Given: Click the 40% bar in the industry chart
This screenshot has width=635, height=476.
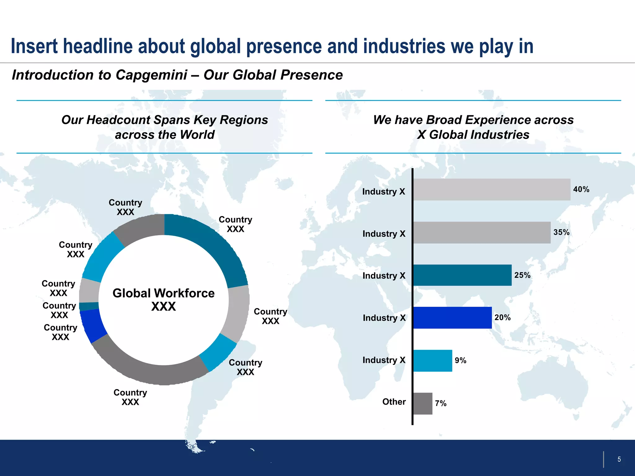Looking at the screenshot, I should coord(491,189).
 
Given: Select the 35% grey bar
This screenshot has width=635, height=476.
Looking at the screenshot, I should coord(482,232).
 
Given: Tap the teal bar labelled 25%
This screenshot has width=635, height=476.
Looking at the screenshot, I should coord(462,275).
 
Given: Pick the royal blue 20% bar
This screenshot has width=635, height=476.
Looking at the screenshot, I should coord(452,318).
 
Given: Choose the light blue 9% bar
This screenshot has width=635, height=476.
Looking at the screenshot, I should coord(433,360).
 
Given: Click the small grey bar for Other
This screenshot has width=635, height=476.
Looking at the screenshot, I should coord(423,403).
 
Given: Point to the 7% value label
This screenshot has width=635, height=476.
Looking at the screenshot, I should coord(441,403).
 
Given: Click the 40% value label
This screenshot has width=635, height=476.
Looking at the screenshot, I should coord(581,189).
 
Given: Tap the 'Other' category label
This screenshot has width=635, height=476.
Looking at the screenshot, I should coord(394,402).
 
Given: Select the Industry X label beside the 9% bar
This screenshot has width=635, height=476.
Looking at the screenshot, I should coord(384,360).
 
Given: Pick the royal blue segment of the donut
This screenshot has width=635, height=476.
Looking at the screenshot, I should coord(92,325).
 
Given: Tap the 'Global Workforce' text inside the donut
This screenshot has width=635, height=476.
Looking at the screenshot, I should coord(163,293).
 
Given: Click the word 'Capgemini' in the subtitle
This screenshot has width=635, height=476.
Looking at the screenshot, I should coord(151,75).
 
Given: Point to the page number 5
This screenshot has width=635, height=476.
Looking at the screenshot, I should coord(619,459).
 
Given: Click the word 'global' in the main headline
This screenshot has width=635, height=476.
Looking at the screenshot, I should coord(215,46).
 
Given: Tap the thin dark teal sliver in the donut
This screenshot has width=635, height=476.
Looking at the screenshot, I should coord(89,306).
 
